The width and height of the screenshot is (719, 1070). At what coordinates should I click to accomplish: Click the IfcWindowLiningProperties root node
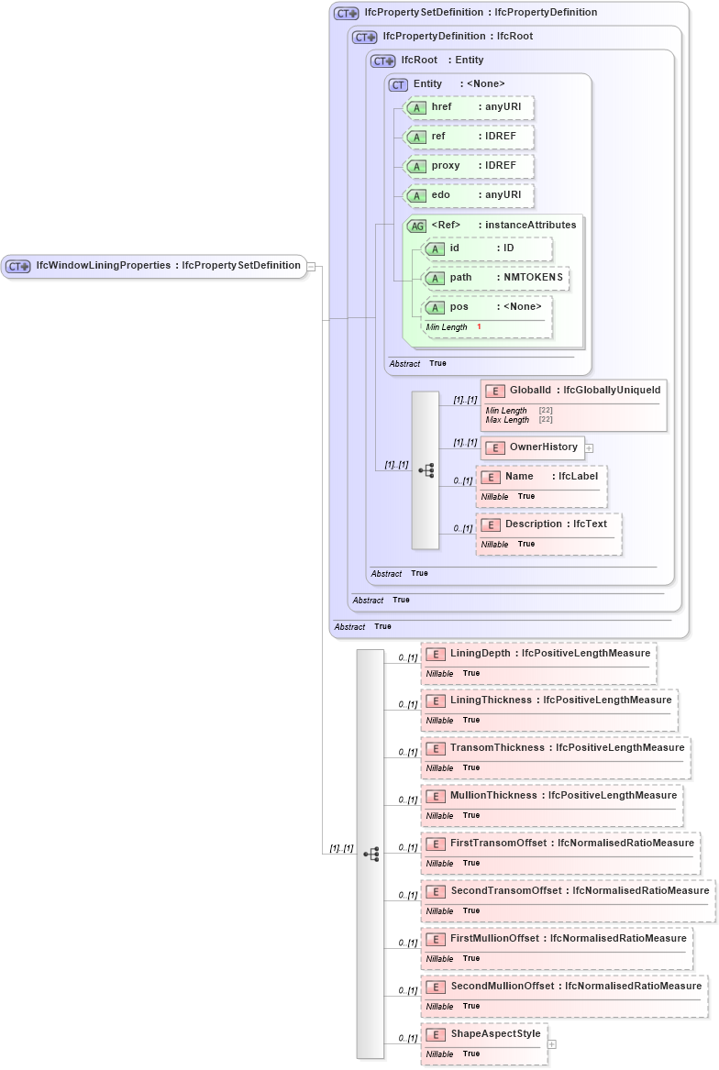(x=153, y=266)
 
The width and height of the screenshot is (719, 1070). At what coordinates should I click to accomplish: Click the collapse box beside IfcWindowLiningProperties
(x=312, y=266)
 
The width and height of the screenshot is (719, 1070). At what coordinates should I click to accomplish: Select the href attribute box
(x=469, y=107)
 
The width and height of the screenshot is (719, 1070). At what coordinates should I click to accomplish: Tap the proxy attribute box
(x=469, y=166)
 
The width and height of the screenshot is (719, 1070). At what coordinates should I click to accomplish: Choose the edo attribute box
(x=469, y=195)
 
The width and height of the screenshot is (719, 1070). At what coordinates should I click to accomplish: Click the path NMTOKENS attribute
(x=495, y=277)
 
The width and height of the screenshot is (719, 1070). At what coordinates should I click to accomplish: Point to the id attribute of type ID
(x=487, y=248)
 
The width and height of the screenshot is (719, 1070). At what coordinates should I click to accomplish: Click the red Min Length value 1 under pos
(x=479, y=327)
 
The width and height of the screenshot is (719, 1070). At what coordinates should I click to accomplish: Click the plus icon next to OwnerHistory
(x=590, y=447)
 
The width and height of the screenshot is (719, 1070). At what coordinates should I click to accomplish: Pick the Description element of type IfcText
(x=548, y=524)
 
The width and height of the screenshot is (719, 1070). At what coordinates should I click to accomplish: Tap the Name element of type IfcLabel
(x=541, y=477)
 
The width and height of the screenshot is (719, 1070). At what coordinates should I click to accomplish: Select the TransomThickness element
(x=555, y=748)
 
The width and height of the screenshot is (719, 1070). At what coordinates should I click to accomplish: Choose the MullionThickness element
(x=551, y=796)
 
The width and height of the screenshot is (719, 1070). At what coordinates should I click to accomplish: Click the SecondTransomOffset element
(x=568, y=891)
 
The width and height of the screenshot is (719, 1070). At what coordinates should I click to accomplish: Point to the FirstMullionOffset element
(x=556, y=939)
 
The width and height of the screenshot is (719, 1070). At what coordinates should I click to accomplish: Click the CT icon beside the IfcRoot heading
(x=382, y=61)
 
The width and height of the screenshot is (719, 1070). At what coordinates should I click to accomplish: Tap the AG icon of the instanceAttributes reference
(x=416, y=226)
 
